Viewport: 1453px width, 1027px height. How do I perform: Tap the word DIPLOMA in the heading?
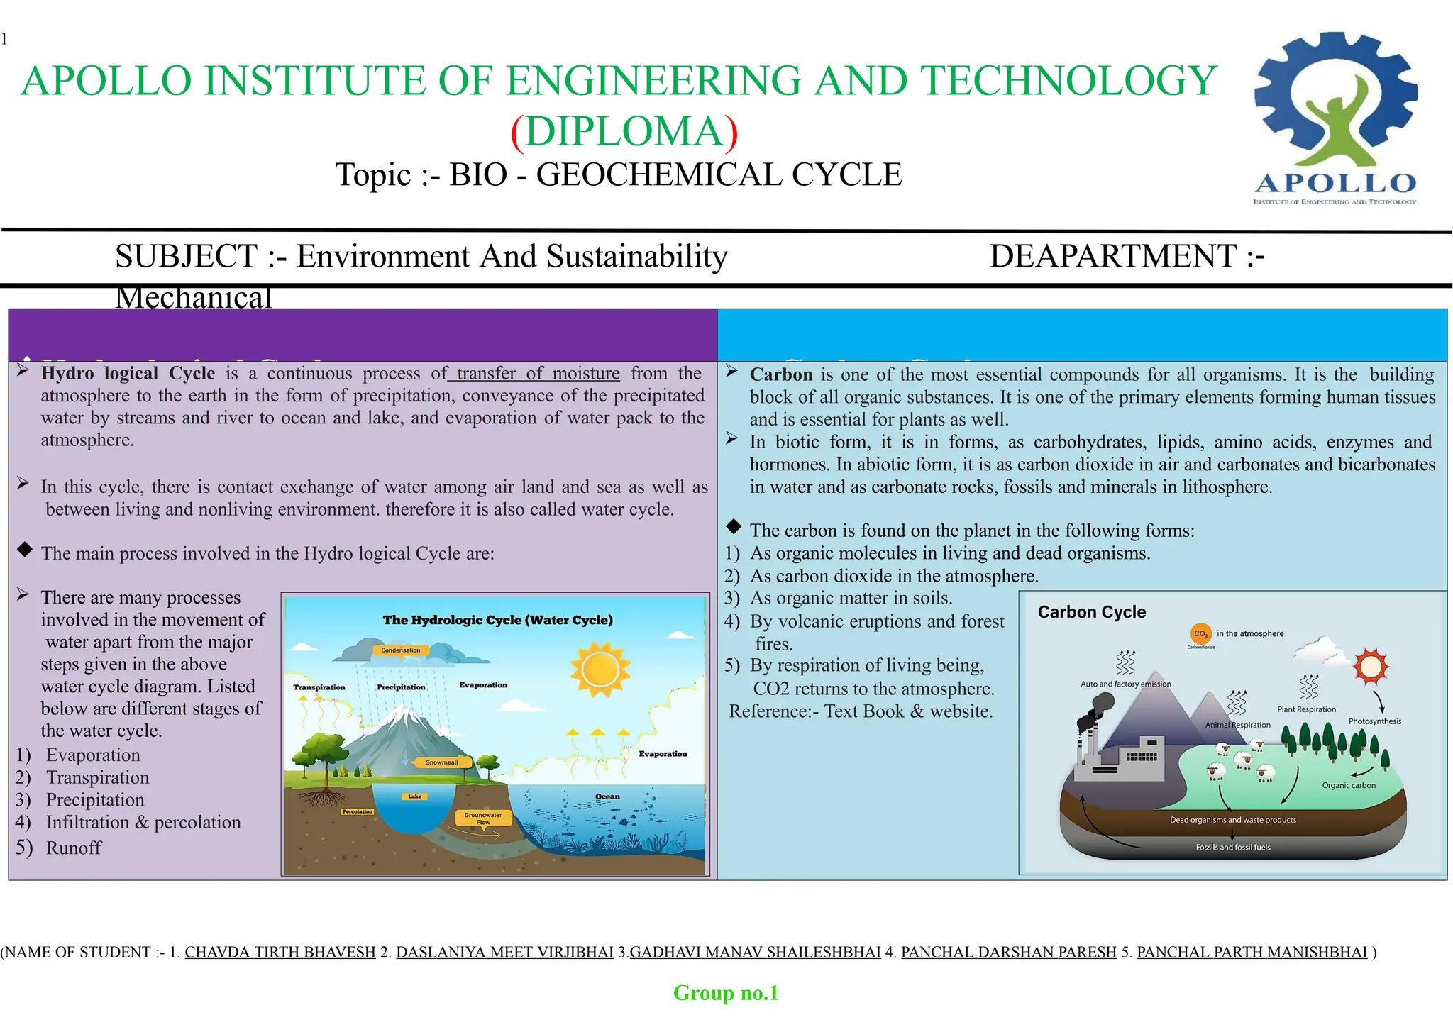click(624, 132)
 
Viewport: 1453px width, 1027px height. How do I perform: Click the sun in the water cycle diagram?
click(600, 669)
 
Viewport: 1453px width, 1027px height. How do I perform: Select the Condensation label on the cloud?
click(401, 650)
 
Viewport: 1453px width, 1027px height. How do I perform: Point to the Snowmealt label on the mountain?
click(442, 762)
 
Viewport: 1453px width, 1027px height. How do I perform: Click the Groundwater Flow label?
click(483, 818)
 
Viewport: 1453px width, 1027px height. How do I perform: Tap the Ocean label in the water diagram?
click(607, 796)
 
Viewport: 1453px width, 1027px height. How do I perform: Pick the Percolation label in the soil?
click(358, 811)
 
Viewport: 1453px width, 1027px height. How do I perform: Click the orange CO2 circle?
click(1200, 634)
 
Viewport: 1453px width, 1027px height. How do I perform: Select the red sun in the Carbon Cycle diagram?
click(1370, 666)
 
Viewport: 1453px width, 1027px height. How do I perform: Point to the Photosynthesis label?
click(1374, 721)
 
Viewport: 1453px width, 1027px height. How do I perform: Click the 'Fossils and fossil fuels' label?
click(1233, 847)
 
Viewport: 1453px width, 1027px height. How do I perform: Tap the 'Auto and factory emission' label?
click(1126, 684)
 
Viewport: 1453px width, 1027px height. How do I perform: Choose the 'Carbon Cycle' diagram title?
click(1091, 612)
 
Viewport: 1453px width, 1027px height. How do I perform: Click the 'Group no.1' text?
click(726, 993)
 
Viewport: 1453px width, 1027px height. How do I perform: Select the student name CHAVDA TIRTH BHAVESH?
click(280, 952)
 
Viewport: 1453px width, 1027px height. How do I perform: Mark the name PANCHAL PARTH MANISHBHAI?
click(1252, 952)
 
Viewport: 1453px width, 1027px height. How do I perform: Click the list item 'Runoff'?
click(74, 848)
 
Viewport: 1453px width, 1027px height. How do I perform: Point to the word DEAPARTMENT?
click(1113, 256)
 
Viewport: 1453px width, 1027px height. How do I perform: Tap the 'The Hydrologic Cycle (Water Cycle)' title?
click(497, 620)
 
